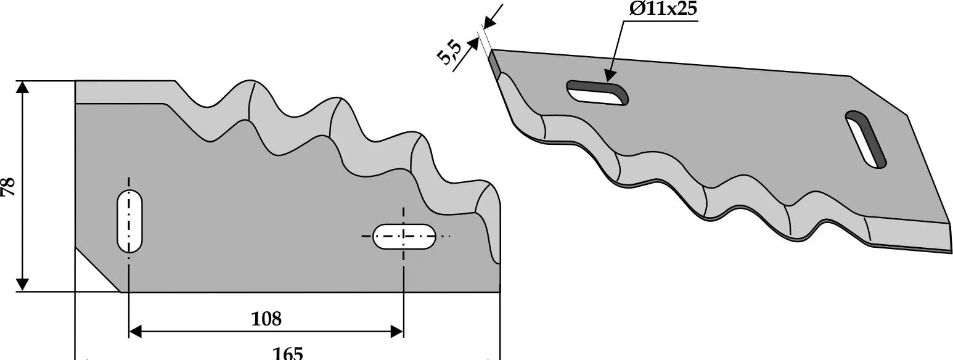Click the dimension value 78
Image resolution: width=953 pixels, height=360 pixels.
(x=9, y=186)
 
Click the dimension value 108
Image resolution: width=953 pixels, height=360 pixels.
(x=266, y=319)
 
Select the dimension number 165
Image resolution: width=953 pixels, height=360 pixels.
(x=288, y=353)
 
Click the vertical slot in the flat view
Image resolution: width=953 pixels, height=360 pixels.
(x=129, y=221)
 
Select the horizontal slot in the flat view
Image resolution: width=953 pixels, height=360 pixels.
(x=404, y=236)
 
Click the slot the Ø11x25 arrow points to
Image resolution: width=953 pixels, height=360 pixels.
(x=597, y=94)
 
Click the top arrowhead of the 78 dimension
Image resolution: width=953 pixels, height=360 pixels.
(x=22, y=87)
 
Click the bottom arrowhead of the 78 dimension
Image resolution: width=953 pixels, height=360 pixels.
(x=22, y=284)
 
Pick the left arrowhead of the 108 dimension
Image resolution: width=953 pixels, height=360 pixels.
(x=135, y=332)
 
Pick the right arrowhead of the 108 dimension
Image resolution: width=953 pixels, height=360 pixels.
(x=397, y=332)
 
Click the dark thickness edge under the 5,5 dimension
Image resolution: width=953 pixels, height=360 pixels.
(x=494, y=64)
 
